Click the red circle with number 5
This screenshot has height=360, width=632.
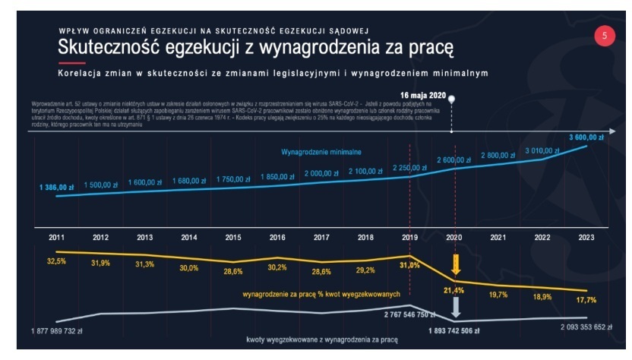tap(605, 36)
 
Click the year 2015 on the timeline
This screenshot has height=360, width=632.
tap(234, 238)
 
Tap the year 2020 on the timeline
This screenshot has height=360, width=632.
tap(453, 238)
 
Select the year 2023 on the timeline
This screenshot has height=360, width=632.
tap(586, 238)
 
